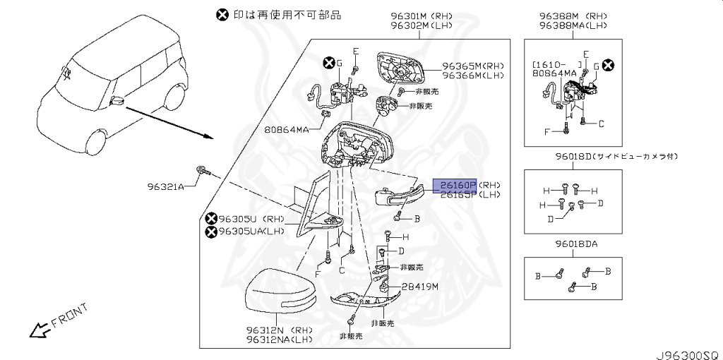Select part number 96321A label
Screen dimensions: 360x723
[x=165, y=186]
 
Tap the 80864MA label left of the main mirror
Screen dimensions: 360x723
[x=287, y=130]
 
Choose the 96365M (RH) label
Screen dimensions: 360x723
[x=470, y=64]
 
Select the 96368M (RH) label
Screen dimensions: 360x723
[x=572, y=16]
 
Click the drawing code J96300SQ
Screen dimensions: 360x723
[x=685, y=350]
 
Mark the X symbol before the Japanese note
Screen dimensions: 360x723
[x=222, y=14]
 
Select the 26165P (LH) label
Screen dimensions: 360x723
[x=470, y=196]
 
